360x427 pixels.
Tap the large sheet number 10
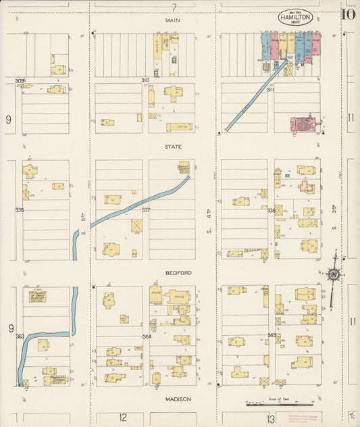click(349, 14)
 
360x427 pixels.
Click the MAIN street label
click(174, 21)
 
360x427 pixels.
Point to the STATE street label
click(174, 145)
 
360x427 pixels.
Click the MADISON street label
click(178, 399)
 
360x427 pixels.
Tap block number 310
click(145, 80)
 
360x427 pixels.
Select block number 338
click(271, 210)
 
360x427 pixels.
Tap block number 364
click(146, 336)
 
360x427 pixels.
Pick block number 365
click(272, 335)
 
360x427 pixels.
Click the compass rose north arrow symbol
click(333, 273)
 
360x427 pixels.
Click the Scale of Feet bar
click(269, 405)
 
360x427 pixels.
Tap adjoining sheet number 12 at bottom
click(123, 418)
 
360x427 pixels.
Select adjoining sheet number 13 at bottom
click(270, 419)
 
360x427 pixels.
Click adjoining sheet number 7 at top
click(174, 7)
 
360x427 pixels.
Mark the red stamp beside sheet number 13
click(301, 418)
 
